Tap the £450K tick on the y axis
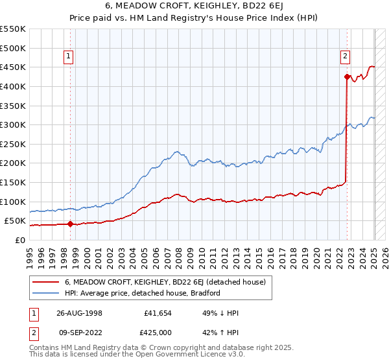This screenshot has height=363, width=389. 12,67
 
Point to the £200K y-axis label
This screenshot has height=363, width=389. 12,163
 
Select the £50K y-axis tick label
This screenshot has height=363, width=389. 15,220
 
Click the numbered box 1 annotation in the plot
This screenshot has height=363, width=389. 69,57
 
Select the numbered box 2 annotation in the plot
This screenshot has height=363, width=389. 346,57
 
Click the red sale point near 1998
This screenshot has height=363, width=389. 70,224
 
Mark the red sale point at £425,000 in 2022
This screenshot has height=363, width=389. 347,77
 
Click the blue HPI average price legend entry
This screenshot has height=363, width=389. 142,293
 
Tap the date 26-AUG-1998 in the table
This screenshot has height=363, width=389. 78,312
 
